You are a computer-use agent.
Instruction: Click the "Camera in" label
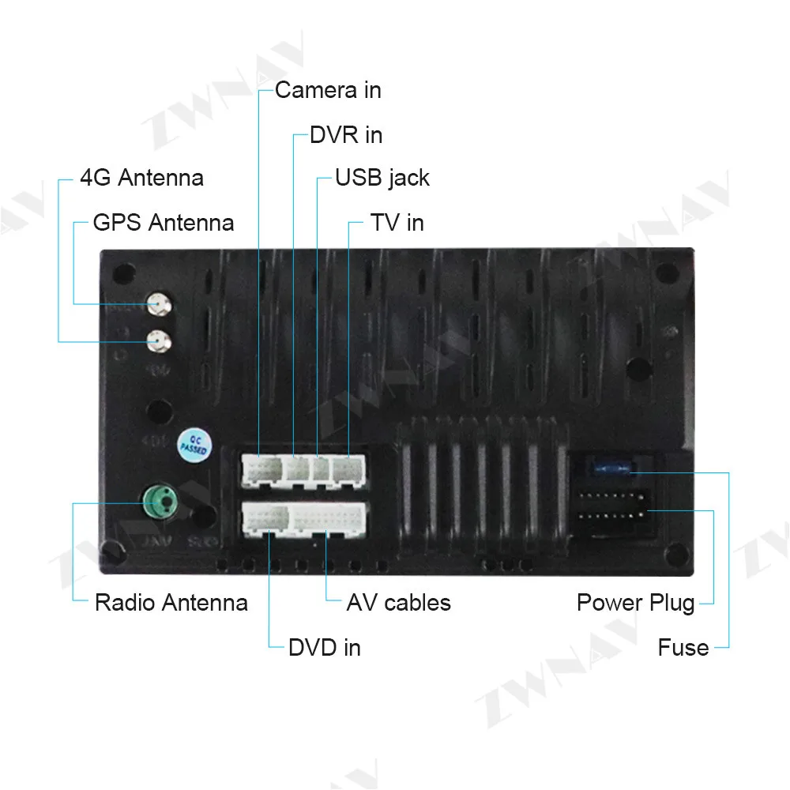click(x=327, y=90)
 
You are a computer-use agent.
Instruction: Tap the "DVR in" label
click(x=345, y=135)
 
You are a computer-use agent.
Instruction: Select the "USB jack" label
click(x=382, y=178)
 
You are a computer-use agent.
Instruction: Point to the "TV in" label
click(x=397, y=223)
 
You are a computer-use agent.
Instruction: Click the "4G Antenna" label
click(x=141, y=178)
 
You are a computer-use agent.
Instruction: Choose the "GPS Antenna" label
click(x=163, y=223)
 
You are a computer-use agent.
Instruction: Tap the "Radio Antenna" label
click(x=171, y=603)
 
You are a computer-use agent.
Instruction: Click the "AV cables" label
click(x=398, y=603)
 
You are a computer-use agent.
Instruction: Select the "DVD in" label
click(x=324, y=648)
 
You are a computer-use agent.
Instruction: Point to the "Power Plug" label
click(x=635, y=603)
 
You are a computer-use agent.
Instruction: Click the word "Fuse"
click(x=683, y=648)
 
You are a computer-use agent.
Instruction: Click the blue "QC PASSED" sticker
click(x=193, y=444)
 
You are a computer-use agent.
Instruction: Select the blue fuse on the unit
click(x=613, y=471)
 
